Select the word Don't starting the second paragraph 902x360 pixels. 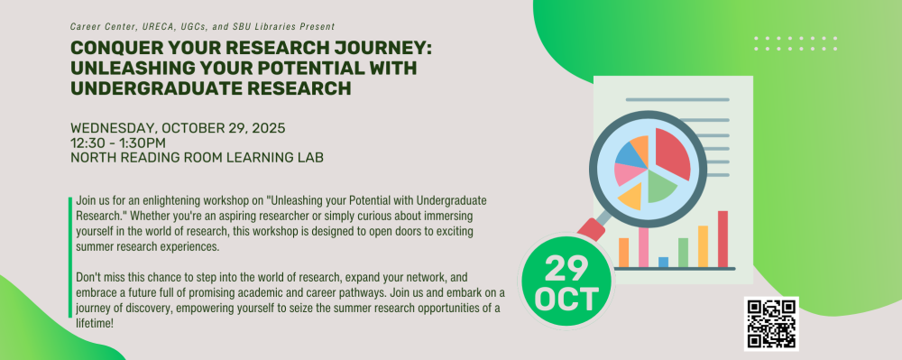point(87,278)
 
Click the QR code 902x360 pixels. point(771,324)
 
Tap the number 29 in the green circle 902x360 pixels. point(566,268)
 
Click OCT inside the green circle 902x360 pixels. point(566,299)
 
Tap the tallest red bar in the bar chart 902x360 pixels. point(723,239)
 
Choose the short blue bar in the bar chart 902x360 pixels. point(663,263)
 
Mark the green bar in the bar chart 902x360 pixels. point(683,253)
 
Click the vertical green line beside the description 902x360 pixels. point(70,257)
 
